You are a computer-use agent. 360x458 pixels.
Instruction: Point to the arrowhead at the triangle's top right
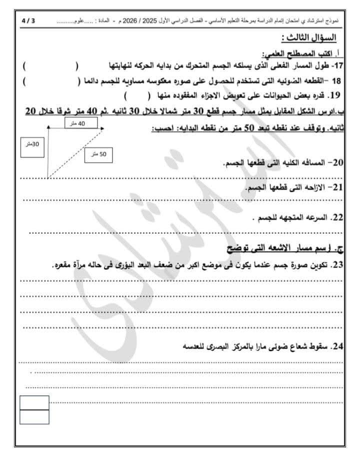point(102,129)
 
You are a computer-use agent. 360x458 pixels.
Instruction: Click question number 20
point(337,163)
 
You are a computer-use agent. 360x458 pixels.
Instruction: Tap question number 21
point(337,187)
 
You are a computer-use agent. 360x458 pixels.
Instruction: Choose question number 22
point(337,218)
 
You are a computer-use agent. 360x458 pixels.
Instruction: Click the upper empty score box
point(34,402)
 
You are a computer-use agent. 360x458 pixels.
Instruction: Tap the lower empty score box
point(34,417)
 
